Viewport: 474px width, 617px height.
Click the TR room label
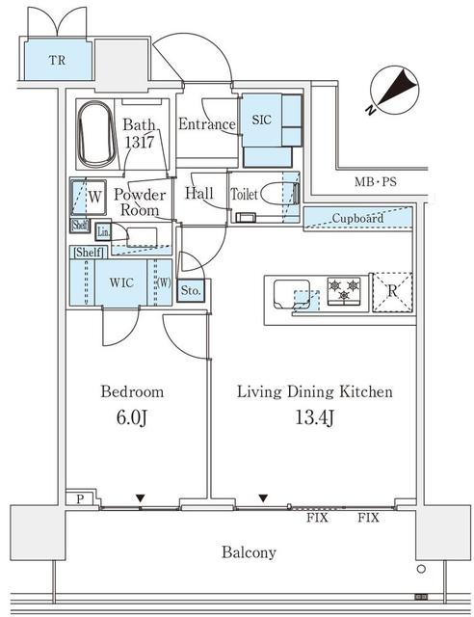point(57,60)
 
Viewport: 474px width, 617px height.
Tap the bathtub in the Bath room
point(96,134)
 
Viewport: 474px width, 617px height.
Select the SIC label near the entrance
point(262,120)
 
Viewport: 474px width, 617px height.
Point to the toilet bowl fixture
point(279,194)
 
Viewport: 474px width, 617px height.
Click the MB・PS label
point(376,182)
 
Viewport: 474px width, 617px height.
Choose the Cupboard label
point(357,218)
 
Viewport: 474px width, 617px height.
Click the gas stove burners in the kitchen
point(344,291)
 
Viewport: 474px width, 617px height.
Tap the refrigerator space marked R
point(392,292)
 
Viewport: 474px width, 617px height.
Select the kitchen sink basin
point(292,294)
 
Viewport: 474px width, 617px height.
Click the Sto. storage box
point(191,291)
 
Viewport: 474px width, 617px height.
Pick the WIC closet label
point(121,282)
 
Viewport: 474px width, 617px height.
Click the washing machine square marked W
point(89,197)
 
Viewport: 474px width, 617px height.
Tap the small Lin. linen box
point(103,232)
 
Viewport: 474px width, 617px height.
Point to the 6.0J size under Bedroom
point(132,417)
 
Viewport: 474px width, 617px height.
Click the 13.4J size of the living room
point(315,417)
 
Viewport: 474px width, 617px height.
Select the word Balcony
point(249,552)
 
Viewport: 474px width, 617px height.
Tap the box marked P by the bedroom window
point(80,499)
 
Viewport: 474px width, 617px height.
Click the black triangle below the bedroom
point(140,498)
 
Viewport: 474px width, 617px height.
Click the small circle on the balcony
point(421,569)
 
